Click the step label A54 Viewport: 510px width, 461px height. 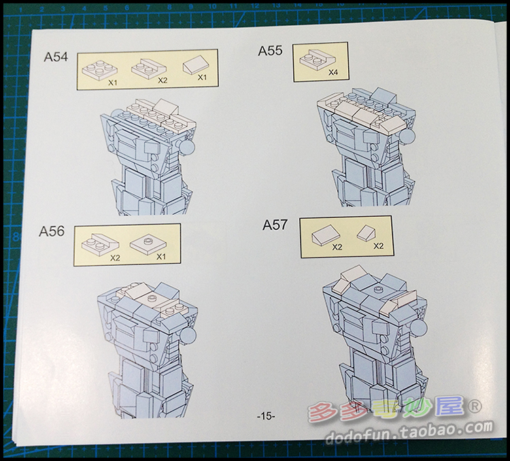coord(56,56)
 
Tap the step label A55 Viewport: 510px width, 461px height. coord(270,51)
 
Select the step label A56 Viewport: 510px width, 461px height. coord(52,231)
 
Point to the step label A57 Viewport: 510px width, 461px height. coord(275,225)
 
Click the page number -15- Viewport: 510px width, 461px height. coord(266,415)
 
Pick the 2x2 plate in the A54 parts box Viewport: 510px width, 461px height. coord(99,69)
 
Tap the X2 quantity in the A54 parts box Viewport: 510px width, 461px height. coord(163,80)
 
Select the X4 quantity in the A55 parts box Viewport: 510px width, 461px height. coord(333,72)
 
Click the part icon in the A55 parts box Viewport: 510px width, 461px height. coord(317,59)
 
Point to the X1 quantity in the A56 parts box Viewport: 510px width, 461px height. coord(161,256)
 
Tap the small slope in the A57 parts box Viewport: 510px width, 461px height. coord(366,233)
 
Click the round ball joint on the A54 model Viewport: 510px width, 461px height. coord(187,147)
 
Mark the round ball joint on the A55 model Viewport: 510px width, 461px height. coord(407,137)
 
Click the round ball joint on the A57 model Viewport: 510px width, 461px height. coord(419,328)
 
